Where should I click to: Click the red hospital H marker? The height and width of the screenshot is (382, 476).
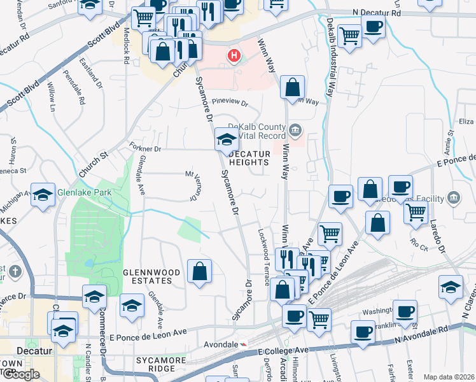pos(234,56)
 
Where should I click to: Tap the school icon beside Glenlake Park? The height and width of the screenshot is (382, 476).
pos(43,195)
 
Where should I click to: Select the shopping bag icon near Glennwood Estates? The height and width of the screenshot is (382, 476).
pos(199,272)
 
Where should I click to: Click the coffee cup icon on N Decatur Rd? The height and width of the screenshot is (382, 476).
pos(373,27)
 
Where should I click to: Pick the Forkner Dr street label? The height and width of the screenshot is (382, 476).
pos(145,148)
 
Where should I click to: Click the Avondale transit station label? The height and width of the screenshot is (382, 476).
pos(214,344)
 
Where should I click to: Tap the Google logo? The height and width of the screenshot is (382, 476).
pos(21,374)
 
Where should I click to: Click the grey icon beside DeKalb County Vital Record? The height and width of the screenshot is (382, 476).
pos(295,132)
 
